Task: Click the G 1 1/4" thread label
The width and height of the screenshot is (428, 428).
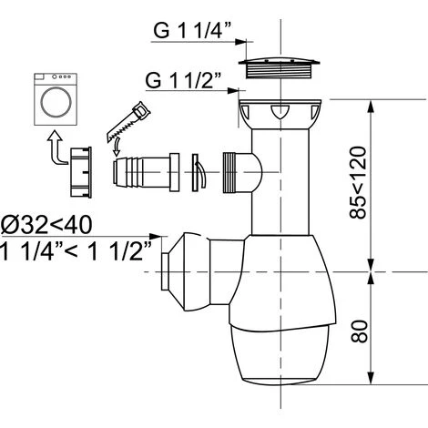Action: tap(193, 30)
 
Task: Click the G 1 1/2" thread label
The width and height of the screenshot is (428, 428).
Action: tap(184, 80)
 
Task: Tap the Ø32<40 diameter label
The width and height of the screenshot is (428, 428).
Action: tap(46, 226)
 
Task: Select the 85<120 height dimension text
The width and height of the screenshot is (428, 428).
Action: tap(358, 183)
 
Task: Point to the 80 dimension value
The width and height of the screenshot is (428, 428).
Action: tap(359, 331)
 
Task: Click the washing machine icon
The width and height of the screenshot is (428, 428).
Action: tap(56, 99)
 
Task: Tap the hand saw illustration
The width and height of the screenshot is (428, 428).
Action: tap(128, 121)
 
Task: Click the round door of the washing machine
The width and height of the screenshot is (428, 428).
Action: tap(56, 102)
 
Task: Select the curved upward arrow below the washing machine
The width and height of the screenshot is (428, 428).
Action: tap(56, 148)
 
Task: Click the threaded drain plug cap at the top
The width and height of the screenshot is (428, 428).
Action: tap(280, 67)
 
